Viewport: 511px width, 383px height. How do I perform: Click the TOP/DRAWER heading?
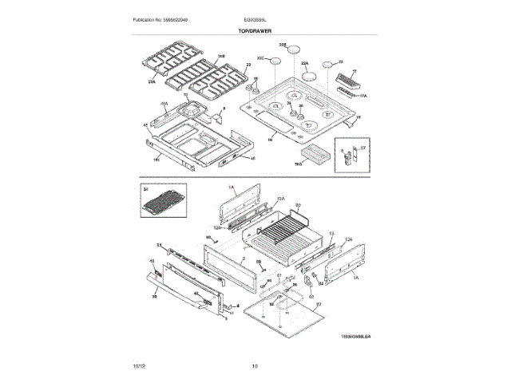click(255, 30)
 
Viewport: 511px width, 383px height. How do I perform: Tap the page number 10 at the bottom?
click(255, 366)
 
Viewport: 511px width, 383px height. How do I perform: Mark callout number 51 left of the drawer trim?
click(159, 245)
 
